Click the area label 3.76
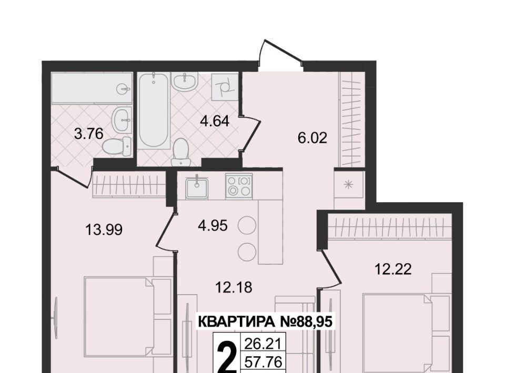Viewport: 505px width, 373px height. point(88,133)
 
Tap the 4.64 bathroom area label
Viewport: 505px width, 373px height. point(215,121)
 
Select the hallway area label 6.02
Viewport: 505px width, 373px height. point(312,138)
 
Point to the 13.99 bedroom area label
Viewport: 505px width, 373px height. point(104,230)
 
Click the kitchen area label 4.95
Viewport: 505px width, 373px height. point(213,225)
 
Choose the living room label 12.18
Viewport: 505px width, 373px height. point(234,287)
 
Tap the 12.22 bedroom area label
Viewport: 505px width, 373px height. point(393,269)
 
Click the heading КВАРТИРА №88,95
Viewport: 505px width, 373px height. point(265,321)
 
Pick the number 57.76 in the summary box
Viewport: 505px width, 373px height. point(264,362)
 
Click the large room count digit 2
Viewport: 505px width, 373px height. point(227,358)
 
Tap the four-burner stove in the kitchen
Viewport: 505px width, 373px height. point(239,186)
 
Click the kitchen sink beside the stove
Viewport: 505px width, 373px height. point(196,188)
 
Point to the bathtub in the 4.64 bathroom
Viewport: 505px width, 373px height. point(154,111)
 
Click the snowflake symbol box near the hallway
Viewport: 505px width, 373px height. point(348,185)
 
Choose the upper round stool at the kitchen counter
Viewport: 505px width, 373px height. point(247,226)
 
